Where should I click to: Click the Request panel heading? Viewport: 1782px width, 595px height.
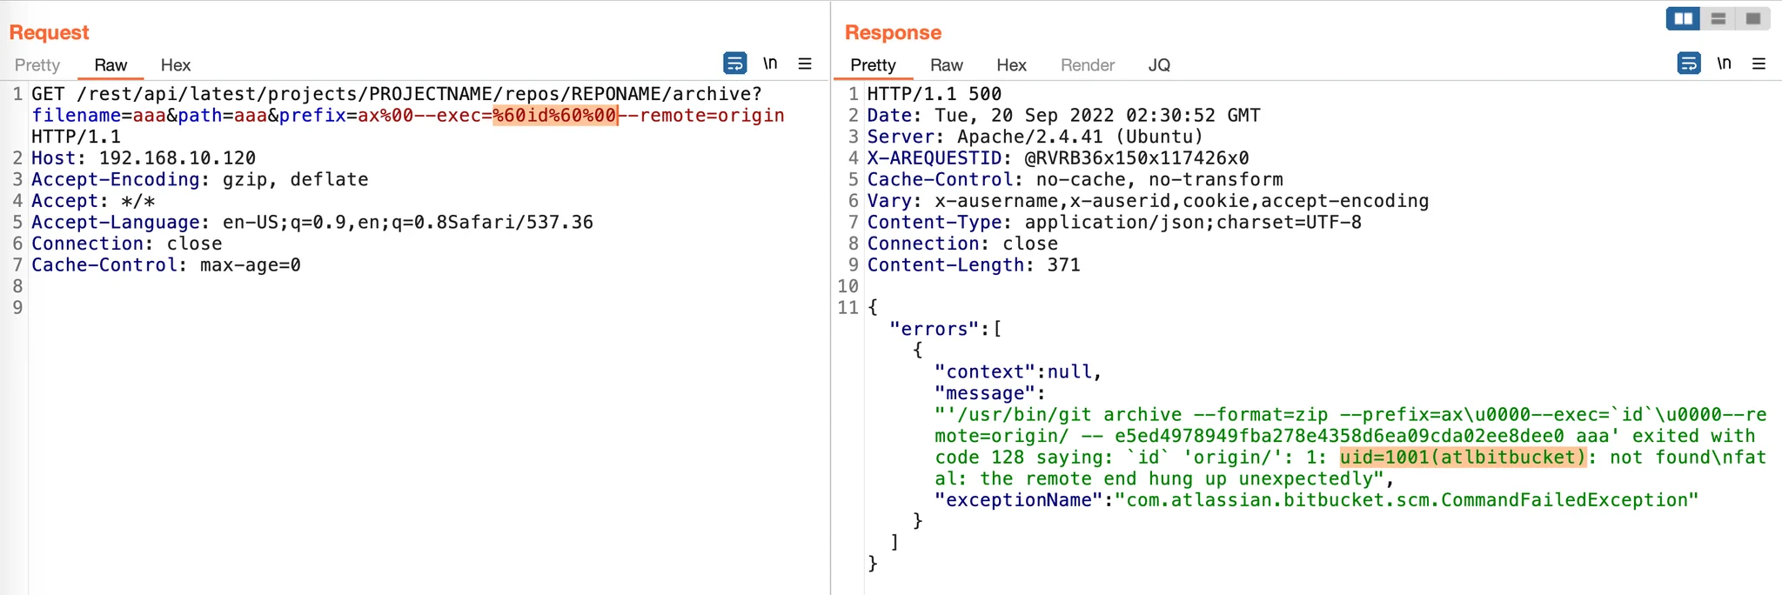(x=49, y=33)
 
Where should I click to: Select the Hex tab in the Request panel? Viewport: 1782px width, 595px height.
(x=175, y=65)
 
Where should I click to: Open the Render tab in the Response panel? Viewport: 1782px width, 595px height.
(x=1087, y=65)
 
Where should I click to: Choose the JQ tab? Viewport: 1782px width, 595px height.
(x=1159, y=65)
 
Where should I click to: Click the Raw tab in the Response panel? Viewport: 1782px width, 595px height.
(x=946, y=65)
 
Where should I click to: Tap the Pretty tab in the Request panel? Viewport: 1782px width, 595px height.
(x=37, y=65)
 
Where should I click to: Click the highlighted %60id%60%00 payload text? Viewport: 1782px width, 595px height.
(x=555, y=116)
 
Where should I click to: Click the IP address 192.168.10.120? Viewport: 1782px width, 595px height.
(x=178, y=158)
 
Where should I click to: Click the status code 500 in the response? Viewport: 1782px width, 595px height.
(x=985, y=94)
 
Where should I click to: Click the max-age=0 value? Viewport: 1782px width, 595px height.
(x=251, y=265)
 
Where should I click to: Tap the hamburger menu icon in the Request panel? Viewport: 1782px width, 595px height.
(x=805, y=64)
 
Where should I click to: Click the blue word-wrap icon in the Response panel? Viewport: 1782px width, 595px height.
(x=1689, y=64)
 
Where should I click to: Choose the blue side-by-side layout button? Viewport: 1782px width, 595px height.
(x=1684, y=18)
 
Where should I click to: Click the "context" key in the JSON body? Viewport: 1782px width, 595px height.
(x=985, y=372)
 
